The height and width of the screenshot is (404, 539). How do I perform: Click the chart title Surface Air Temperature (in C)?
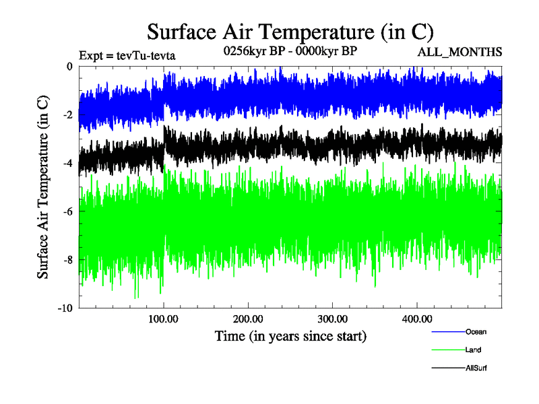(x=290, y=32)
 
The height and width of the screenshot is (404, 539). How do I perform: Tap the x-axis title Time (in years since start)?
(x=290, y=335)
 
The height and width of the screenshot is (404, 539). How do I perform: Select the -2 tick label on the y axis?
(x=67, y=115)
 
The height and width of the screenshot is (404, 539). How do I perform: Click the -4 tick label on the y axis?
(x=67, y=164)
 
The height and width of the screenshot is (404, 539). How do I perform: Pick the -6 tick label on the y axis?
(x=67, y=212)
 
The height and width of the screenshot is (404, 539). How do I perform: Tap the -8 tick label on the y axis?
(x=67, y=261)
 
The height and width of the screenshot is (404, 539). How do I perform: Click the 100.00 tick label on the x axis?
(x=164, y=318)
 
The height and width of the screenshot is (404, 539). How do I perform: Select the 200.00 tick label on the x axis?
(x=248, y=318)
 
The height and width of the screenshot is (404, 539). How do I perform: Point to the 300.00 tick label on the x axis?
(x=332, y=318)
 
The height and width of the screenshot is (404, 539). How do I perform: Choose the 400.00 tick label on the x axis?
(x=416, y=318)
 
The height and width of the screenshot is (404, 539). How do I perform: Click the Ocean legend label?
(x=476, y=332)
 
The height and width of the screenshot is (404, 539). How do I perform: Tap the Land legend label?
(x=473, y=350)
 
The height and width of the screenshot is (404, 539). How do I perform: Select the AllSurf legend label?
(x=476, y=368)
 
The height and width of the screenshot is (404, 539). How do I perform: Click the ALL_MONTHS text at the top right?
(x=460, y=53)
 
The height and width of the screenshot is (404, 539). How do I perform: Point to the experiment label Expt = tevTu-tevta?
(x=127, y=55)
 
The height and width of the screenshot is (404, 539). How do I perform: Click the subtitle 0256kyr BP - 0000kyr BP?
(x=290, y=50)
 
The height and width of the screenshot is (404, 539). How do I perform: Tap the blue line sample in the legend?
(x=447, y=332)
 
